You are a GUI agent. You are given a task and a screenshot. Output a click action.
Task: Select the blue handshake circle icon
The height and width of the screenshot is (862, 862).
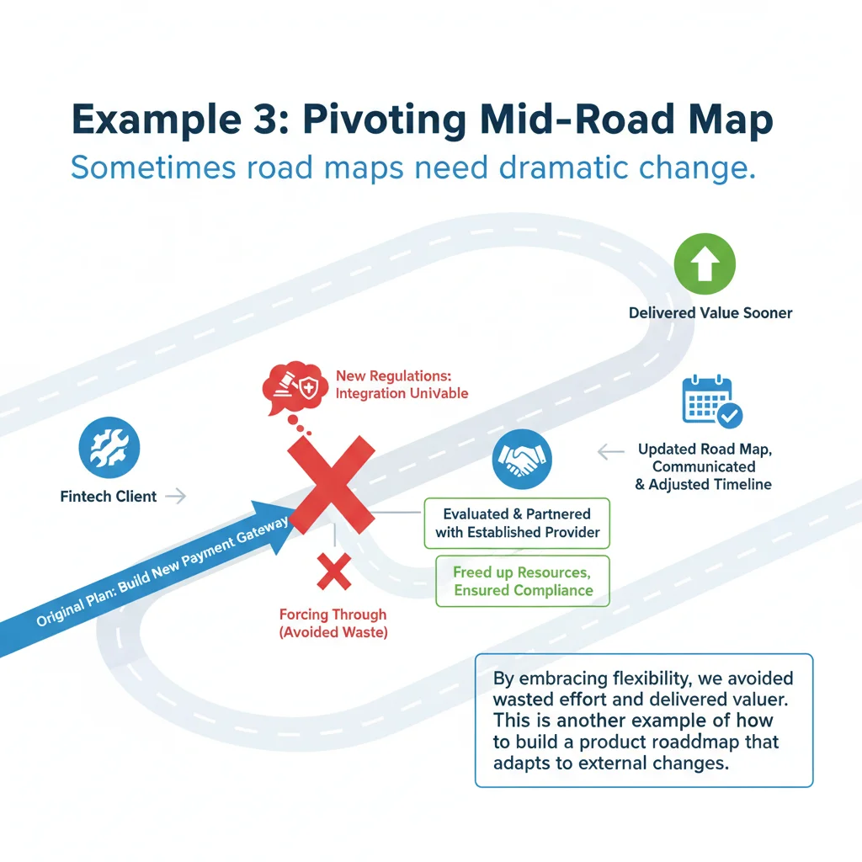(x=521, y=460)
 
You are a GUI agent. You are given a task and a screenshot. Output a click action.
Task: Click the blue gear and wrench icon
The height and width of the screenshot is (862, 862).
(x=109, y=450)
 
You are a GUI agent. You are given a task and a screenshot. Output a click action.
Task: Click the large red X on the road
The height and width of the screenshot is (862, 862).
(x=331, y=481)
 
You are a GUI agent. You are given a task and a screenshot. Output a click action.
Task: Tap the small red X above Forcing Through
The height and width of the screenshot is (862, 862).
(x=333, y=572)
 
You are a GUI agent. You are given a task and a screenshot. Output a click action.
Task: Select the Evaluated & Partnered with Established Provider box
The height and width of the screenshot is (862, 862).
(x=518, y=523)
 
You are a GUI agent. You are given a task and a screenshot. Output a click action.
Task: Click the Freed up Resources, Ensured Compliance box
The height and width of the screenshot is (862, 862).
(x=522, y=581)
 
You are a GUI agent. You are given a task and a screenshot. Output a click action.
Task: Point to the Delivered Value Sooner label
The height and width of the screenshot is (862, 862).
(x=710, y=313)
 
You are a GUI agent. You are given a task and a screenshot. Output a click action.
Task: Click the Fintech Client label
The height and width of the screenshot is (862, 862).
(x=109, y=497)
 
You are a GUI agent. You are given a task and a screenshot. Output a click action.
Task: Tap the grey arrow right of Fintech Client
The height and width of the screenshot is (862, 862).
(x=175, y=497)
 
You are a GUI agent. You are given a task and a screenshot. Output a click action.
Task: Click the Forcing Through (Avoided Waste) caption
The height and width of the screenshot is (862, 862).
(x=333, y=624)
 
